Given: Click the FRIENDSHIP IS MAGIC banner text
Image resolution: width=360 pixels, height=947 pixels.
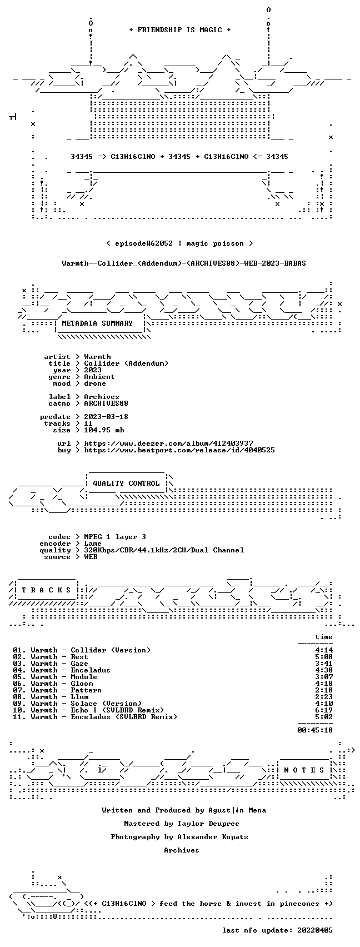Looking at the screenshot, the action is pyautogui.click(x=180, y=29).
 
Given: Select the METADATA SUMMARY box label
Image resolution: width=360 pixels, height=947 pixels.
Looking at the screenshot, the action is pyautogui.click(x=97, y=323).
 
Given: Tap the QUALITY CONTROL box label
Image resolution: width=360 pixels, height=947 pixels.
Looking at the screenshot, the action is pyautogui.click(x=126, y=483).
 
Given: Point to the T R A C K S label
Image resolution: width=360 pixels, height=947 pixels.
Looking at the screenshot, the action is pyautogui.click(x=47, y=590).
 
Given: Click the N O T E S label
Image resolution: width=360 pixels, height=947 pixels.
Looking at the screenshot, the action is pyautogui.click(x=304, y=770).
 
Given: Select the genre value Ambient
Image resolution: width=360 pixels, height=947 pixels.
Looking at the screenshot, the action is pyautogui.click(x=99, y=377).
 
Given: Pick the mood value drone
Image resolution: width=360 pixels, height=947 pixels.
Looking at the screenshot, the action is pyautogui.click(x=95, y=383).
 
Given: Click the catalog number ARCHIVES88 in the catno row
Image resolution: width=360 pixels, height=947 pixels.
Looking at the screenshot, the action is pyautogui.click(x=106, y=403).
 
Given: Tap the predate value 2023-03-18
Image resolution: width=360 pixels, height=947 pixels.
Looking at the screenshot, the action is pyautogui.click(x=106, y=416).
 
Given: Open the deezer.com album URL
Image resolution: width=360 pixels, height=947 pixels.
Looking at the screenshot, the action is pyautogui.click(x=168, y=443).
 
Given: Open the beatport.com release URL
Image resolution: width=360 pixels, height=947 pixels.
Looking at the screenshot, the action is pyautogui.click(x=179, y=450).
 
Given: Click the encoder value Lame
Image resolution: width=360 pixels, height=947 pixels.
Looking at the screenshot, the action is pyautogui.click(x=93, y=544).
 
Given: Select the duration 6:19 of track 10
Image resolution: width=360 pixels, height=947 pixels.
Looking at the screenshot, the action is pyautogui.click(x=324, y=710).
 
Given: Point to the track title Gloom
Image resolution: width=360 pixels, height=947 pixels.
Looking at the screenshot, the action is pyautogui.click(x=82, y=684).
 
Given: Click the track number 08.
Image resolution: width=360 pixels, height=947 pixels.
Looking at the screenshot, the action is pyautogui.click(x=18, y=697).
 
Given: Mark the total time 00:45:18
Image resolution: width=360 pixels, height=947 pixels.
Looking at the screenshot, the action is pyautogui.click(x=315, y=730).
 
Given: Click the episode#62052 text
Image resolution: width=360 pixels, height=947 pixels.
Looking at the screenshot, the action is pyautogui.click(x=144, y=243).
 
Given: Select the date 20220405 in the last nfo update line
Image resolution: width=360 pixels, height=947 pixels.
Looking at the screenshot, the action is pyautogui.click(x=315, y=930).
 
